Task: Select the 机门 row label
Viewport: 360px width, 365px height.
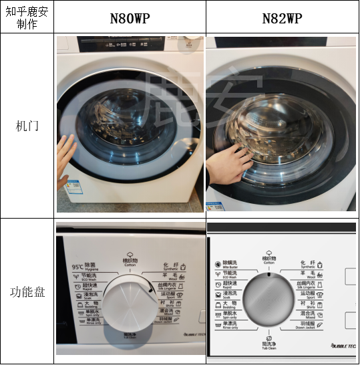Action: (27, 125)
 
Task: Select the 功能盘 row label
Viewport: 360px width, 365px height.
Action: (27, 292)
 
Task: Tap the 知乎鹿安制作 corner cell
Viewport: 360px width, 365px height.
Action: (27, 17)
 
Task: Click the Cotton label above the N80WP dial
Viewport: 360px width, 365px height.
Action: (130, 261)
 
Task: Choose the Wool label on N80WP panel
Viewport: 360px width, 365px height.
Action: (172, 275)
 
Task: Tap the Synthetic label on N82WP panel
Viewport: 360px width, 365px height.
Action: (309, 264)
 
